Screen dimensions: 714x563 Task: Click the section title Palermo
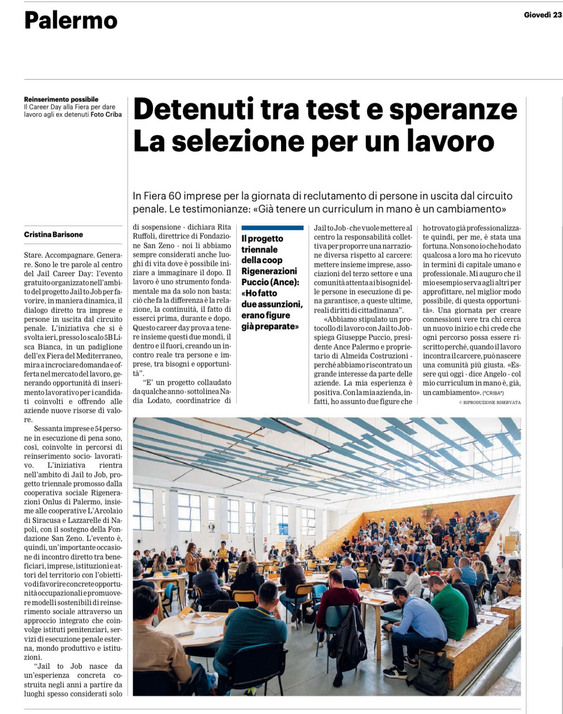pyautogui.click(x=71, y=20)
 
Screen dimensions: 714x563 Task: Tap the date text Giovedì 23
pyautogui.click(x=543, y=15)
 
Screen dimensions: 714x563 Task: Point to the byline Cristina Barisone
pyautogui.click(x=54, y=235)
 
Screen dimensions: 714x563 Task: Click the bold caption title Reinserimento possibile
pyautogui.click(x=61, y=99)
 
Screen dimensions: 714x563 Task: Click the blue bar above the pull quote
pyautogui.click(x=272, y=228)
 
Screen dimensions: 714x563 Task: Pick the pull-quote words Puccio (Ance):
pyautogui.click(x=270, y=282)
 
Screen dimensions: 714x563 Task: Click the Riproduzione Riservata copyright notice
pyautogui.click(x=490, y=402)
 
